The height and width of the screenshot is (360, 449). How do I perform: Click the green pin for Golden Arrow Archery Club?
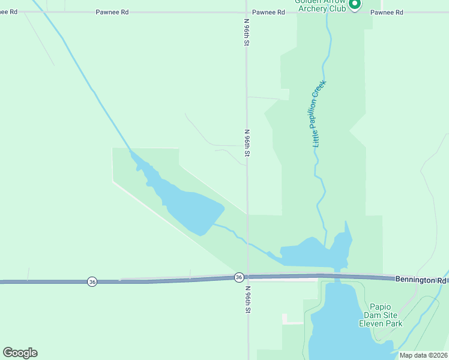[354, 4]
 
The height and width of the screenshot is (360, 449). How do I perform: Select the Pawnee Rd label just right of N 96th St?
[268, 12]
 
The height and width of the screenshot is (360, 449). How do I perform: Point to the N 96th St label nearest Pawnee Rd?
[246, 33]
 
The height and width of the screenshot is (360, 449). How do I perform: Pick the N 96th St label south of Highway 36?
[247, 299]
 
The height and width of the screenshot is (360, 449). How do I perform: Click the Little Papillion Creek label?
[318, 114]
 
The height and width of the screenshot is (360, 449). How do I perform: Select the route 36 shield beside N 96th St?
[239, 277]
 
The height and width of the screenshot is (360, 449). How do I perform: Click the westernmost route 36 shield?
[91, 281]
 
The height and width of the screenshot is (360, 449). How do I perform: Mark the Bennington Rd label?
[420, 280]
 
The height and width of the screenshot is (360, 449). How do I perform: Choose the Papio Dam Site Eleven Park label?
[381, 314]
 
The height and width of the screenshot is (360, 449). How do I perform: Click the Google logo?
[20, 353]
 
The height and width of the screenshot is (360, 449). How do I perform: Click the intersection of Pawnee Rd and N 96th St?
[246, 12]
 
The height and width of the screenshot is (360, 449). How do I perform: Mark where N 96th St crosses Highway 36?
[247, 277]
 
